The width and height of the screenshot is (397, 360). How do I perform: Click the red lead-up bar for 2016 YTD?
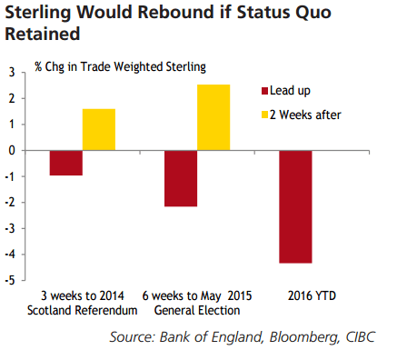click(295, 206)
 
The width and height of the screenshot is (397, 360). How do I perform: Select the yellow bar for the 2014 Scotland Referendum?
click(99, 129)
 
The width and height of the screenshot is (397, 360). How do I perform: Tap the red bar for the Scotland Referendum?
click(66, 163)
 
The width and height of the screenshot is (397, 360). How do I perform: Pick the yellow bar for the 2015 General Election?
click(213, 117)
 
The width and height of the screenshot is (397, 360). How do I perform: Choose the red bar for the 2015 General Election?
click(181, 178)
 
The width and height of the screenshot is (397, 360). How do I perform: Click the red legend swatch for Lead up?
click(265, 91)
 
